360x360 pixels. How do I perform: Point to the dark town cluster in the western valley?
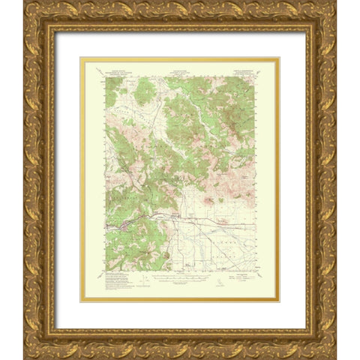tap(120, 223)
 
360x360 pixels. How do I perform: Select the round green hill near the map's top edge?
tap(145, 91)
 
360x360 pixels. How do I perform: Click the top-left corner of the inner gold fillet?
tap(82, 58)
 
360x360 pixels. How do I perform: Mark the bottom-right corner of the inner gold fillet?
tap(278, 301)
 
